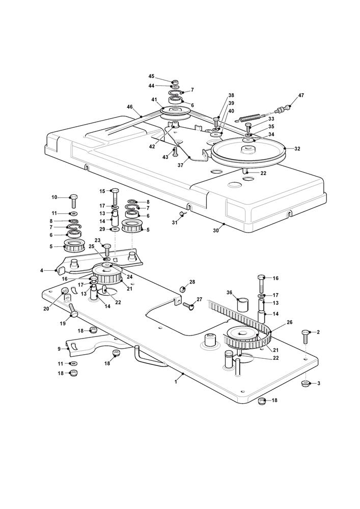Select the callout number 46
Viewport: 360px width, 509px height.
coord(130,107)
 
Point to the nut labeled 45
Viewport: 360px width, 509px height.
coord(175,82)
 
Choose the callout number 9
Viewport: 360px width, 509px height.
coord(60,349)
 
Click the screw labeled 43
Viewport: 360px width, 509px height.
coord(176,151)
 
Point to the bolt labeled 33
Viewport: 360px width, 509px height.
coord(205,125)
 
